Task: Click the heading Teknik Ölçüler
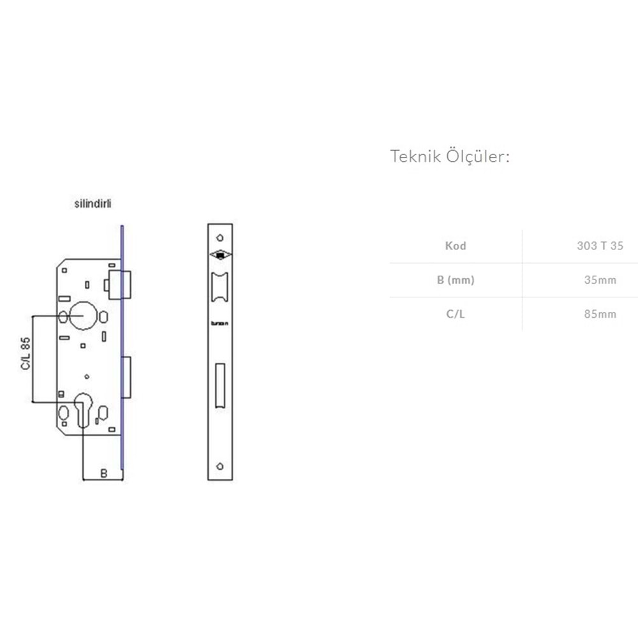tap(450, 157)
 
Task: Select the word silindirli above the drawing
tap(94, 205)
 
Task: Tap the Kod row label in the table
tap(456, 246)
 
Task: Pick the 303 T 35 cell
tap(599, 246)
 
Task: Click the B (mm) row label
tap(456, 280)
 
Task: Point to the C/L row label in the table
tap(456, 314)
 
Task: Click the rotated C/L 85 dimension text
tap(26, 354)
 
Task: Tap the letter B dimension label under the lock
tap(104, 473)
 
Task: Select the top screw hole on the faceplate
tap(219, 232)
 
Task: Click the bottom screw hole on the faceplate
tap(219, 466)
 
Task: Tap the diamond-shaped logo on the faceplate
tap(219, 255)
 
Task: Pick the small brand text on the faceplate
tap(219, 323)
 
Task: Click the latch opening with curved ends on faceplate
tap(219, 287)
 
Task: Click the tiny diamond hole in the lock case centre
tap(87, 375)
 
